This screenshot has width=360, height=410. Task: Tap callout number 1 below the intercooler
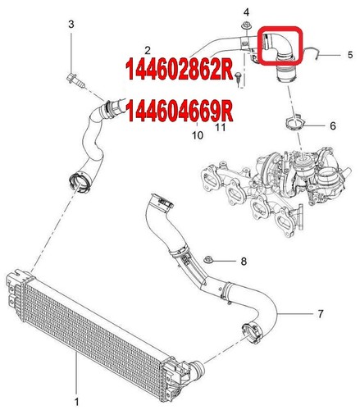click(x=76, y=401)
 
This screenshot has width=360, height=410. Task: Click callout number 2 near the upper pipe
click(x=145, y=50)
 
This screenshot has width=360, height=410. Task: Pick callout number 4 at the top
click(x=245, y=11)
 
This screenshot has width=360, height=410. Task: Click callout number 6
click(x=332, y=127)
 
